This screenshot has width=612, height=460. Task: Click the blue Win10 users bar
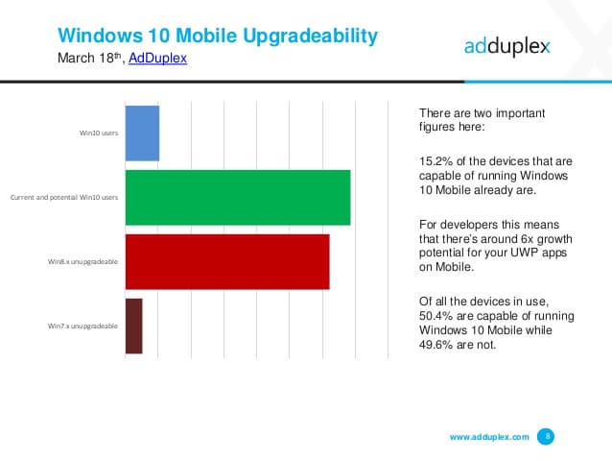click(142, 133)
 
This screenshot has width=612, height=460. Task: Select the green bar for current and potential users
click(238, 197)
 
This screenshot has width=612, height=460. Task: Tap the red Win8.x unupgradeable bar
click(227, 261)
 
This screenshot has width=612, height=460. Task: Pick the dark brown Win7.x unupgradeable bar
click(133, 326)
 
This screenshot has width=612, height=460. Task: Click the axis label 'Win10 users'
click(99, 133)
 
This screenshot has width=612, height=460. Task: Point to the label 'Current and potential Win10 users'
click(63, 197)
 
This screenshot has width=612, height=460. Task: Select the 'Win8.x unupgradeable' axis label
click(83, 261)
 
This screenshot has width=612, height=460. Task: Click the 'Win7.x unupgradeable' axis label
click(83, 327)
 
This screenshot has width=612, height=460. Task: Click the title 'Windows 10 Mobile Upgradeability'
click(218, 36)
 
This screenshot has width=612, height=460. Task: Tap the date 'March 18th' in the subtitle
click(89, 59)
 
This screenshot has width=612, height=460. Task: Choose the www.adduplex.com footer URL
click(489, 437)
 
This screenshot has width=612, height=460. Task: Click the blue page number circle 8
click(547, 436)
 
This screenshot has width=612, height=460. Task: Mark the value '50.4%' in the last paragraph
click(436, 316)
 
